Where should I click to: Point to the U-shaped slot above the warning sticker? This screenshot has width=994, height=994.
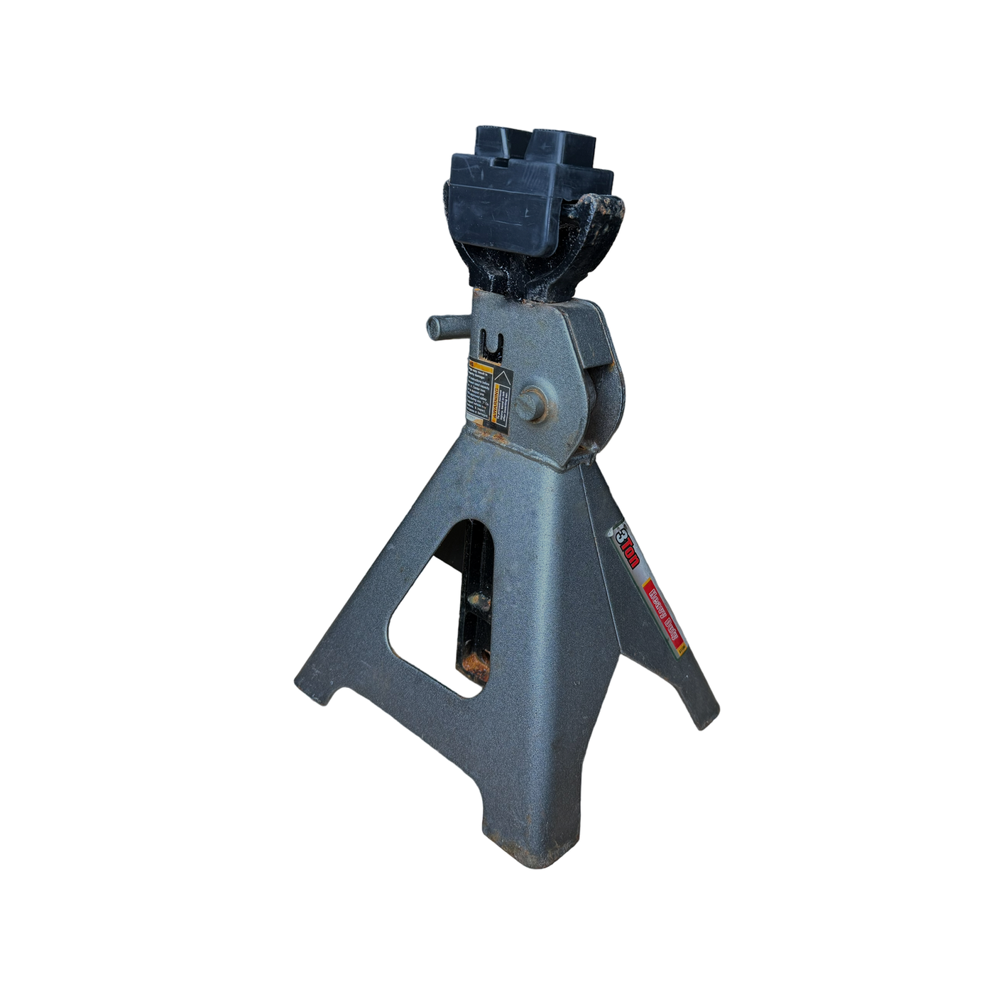[x=491, y=347]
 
